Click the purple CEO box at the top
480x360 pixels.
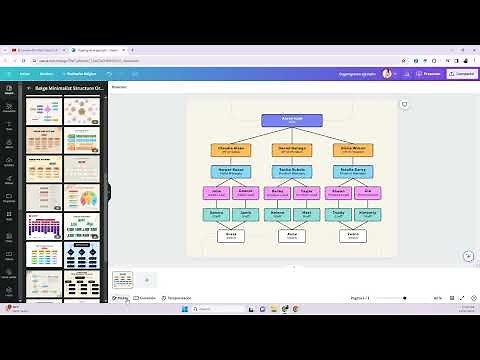pos(292,120)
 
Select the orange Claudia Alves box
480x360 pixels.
pos(231,150)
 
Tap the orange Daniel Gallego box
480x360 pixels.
pos(292,150)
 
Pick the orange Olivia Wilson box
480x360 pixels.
pos(353,150)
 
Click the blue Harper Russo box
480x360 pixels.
pos(231,171)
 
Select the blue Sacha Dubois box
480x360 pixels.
pos(292,171)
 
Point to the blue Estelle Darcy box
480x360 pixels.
pos(353,171)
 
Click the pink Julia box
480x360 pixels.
pos(217,192)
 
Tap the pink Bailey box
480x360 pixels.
pos(278,192)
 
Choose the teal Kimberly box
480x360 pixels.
pos(367,213)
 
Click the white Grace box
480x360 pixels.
pos(231,236)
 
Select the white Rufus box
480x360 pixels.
pos(292,236)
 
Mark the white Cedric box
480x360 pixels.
pos(353,236)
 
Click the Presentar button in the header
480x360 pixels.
pos(429,73)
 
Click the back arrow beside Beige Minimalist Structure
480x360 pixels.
pos(28,88)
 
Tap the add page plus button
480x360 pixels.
pos(147,280)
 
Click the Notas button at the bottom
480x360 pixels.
pos(121,298)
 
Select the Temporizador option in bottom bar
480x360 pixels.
pos(177,298)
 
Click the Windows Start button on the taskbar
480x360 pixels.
pos(183,309)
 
